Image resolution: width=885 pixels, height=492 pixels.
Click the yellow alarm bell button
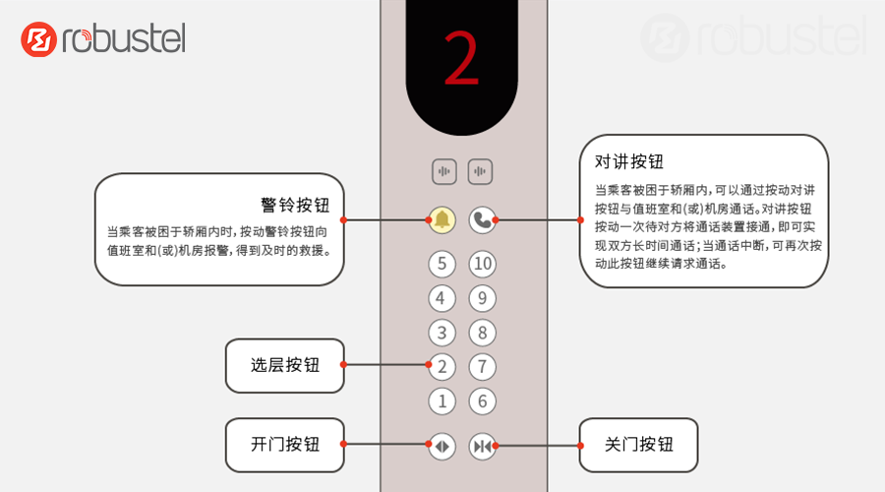click(x=442, y=219)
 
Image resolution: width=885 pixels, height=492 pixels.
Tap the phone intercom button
click(x=483, y=219)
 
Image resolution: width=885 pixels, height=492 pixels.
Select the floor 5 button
click(x=442, y=264)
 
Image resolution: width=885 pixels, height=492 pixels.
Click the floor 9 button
click(x=483, y=298)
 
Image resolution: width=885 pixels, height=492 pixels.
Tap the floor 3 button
click(x=442, y=333)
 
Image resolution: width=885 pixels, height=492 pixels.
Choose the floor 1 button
click(x=442, y=401)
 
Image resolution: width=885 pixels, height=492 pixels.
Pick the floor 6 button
click(x=483, y=401)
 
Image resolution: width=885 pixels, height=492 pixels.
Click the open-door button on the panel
click(x=442, y=447)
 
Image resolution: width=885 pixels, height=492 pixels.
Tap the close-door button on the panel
click(x=483, y=447)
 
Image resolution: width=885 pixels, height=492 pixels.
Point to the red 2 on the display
click(x=461, y=58)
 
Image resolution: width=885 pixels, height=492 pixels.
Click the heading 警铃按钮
click(x=295, y=205)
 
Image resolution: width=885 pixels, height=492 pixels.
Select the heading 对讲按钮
click(x=628, y=161)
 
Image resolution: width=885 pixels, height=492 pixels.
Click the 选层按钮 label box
click(x=285, y=365)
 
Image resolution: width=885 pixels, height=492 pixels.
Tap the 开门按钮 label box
click(x=285, y=445)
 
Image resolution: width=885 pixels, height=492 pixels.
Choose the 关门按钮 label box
click(x=638, y=445)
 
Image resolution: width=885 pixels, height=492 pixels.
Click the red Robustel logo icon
click(x=39, y=39)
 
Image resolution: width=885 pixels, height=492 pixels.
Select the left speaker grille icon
click(x=444, y=171)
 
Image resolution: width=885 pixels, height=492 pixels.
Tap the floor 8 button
click(x=483, y=333)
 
